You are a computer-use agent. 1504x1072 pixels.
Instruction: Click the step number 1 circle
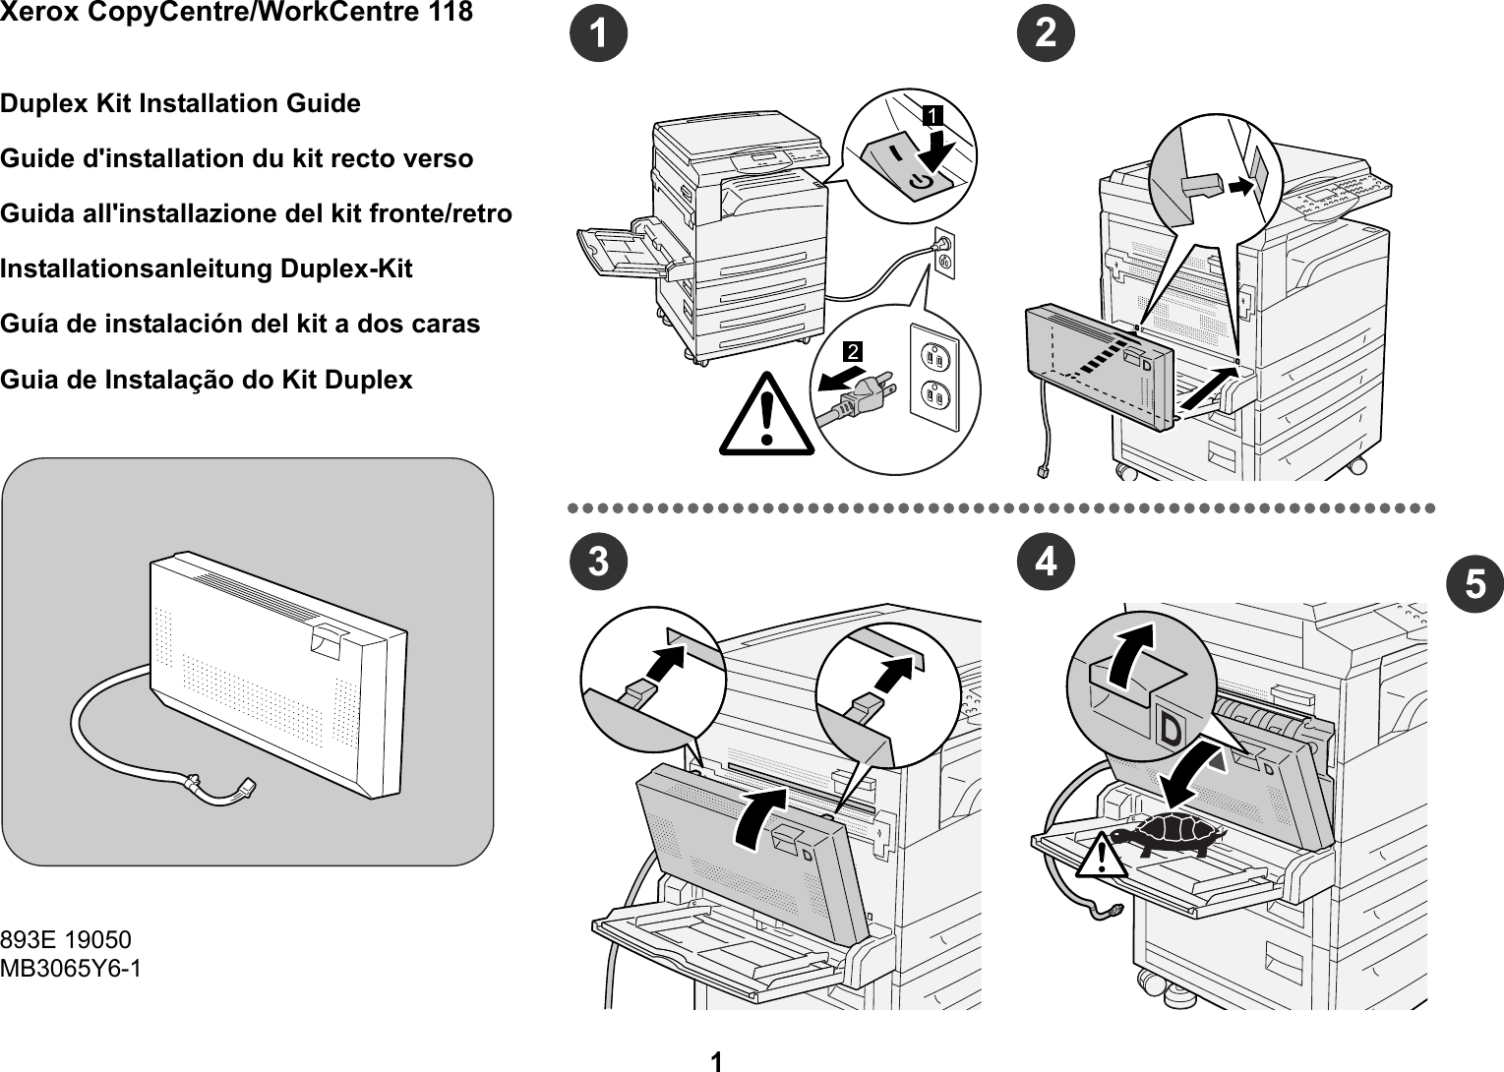tap(600, 34)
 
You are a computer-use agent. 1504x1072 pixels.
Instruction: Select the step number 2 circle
tap(1047, 34)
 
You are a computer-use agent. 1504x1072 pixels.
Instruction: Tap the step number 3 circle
tap(600, 563)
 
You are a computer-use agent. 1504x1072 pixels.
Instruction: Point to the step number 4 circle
tap(1047, 563)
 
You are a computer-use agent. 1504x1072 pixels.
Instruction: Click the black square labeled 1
tap(931, 116)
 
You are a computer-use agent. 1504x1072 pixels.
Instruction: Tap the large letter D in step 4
tap(1172, 730)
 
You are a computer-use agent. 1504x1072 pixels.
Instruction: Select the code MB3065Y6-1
tap(71, 969)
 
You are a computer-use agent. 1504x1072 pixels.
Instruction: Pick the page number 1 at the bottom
tap(716, 1060)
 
